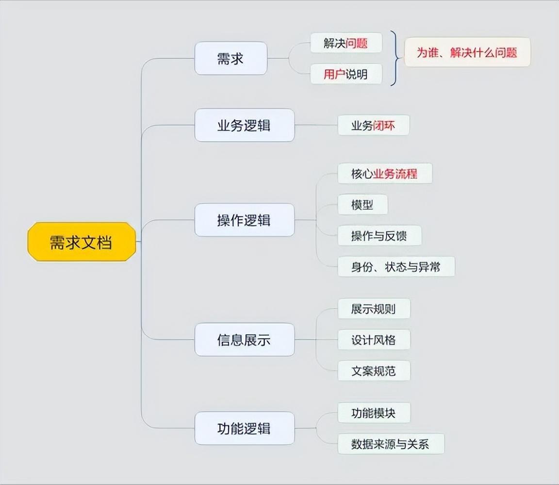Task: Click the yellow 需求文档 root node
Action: pos(82,242)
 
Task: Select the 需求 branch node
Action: pos(230,59)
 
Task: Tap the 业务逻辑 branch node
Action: pos(244,126)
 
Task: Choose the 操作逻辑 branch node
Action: pos(244,220)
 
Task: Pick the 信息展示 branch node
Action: pos(244,339)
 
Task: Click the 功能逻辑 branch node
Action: pos(244,428)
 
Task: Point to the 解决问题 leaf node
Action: pos(345,43)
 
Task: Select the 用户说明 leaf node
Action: pos(345,74)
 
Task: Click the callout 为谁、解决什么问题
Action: pos(467,52)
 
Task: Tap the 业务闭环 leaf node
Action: pos(373,126)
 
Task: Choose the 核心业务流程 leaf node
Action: pos(384,174)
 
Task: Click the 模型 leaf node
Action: pos(362,205)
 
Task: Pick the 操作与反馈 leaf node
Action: pos(379,236)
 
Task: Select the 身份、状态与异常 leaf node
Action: pos(395,267)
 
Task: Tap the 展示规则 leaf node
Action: pos(373,309)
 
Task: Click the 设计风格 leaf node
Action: pos(373,340)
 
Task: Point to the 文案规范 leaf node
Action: pos(373,371)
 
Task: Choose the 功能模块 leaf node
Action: pos(373,413)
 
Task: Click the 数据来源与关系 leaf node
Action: pos(390,444)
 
